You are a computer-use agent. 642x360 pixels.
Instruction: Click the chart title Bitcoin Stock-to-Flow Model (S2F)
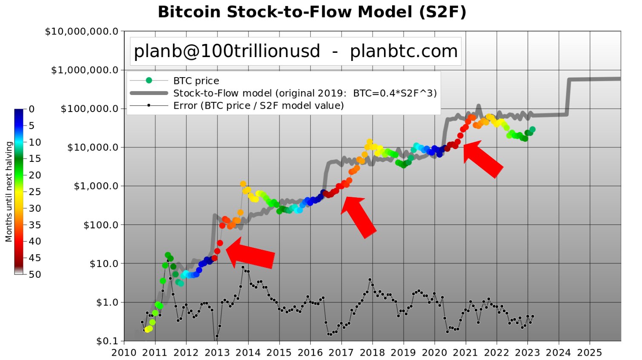coord(312,12)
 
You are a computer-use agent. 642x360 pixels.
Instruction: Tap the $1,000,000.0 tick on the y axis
coord(85,70)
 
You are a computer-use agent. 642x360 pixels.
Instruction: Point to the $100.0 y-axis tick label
coord(101,225)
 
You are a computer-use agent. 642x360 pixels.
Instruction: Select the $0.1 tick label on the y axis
coord(107,341)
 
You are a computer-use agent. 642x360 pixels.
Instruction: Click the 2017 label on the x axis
coord(341,353)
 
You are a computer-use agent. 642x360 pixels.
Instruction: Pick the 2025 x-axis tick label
coord(590,353)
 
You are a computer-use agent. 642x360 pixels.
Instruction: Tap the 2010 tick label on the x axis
coord(124,353)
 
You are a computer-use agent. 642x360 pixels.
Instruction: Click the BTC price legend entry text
coord(196,81)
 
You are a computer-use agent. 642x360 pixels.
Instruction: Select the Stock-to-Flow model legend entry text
coord(305,93)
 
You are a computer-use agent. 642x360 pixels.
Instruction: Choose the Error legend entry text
coord(258,106)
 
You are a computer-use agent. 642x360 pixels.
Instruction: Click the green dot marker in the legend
coord(149,81)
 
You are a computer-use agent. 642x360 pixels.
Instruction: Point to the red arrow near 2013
coord(251,253)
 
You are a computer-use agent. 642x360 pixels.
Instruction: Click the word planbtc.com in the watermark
coord(404,52)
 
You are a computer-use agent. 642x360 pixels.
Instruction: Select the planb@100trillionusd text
coord(226,52)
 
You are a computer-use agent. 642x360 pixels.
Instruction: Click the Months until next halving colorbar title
coord(9,192)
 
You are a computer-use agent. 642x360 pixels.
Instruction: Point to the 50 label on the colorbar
coord(35,274)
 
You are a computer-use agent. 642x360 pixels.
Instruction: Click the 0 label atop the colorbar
coord(32,109)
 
